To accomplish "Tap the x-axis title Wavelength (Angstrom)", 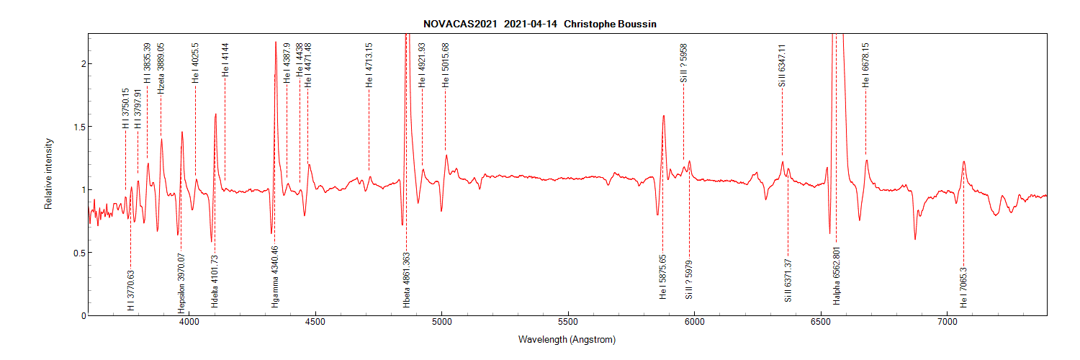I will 567,339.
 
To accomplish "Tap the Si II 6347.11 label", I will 782,65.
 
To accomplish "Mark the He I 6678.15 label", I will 866,63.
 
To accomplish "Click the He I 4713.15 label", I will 369,65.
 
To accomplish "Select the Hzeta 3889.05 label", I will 161,68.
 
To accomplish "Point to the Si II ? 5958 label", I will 684,63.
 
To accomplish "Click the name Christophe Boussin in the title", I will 610,24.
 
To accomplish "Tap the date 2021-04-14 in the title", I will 531,24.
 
